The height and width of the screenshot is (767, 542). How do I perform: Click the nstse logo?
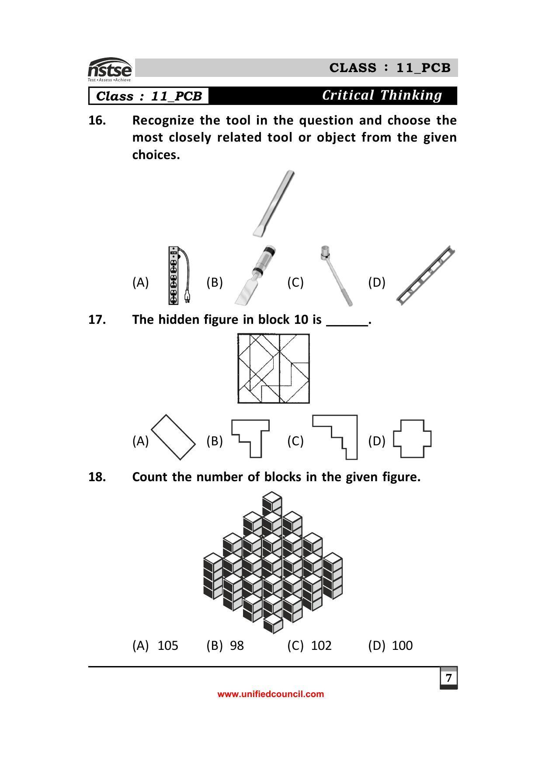(110, 69)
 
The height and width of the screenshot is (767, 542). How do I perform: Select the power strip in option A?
(174, 276)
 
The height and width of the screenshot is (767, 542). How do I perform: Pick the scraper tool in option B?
(255, 276)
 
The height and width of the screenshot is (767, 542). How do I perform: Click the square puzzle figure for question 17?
(274, 368)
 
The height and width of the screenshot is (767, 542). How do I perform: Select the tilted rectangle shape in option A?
(173, 437)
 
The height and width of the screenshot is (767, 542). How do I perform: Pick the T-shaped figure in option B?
(251, 438)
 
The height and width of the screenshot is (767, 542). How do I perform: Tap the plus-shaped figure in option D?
(412, 439)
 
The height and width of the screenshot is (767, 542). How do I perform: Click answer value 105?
(168, 646)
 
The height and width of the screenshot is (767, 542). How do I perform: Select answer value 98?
(236, 646)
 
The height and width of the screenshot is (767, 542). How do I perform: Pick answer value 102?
(321, 646)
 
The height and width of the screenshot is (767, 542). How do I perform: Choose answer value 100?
(402, 646)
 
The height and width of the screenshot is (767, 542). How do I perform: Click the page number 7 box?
(448, 678)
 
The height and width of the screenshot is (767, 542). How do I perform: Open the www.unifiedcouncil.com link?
(271, 694)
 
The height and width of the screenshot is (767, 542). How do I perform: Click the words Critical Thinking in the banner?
(382, 95)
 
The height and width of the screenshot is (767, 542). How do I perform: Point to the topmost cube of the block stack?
(272, 499)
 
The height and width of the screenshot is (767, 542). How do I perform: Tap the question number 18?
(97, 477)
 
